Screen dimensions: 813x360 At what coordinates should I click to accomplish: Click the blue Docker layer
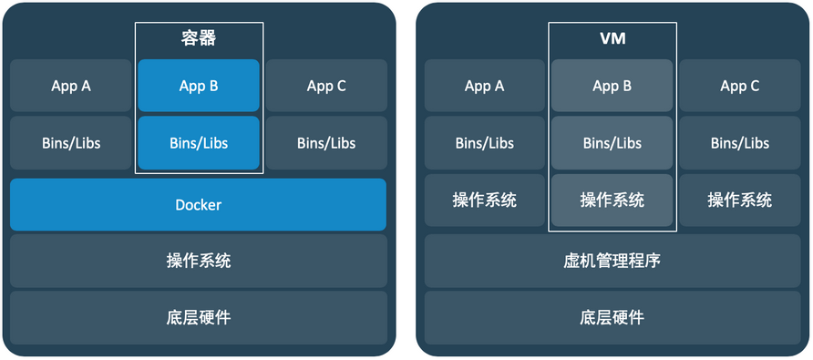[x=198, y=204]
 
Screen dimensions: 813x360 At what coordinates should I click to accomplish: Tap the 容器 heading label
[x=199, y=38]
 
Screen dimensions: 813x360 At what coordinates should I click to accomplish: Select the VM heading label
[x=612, y=39]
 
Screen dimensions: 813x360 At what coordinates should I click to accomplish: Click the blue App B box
[x=199, y=86]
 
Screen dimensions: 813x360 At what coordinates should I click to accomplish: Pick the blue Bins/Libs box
[x=199, y=143]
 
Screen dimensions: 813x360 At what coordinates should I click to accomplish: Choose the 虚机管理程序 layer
[x=612, y=261]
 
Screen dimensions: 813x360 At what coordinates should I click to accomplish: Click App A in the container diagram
[x=70, y=86]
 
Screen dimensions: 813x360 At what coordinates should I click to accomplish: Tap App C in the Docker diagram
[x=326, y=86]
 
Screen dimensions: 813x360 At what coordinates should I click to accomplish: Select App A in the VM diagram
[x=484, y=86]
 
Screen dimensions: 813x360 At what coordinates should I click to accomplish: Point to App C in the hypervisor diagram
[x=740, y=86]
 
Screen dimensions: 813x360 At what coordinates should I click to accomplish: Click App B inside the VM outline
[x=612, y=86]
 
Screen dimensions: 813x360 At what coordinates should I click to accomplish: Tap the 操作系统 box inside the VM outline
[x=612, y=200]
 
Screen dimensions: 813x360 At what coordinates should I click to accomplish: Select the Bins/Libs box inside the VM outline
[x=612, y=143]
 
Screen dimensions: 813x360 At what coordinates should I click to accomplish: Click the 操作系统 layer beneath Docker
[x=198, y=261]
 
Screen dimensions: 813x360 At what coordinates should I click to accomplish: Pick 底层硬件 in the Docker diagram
[x=198, y=317]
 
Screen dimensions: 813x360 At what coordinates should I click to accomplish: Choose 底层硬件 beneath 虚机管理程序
[x=612, y=317]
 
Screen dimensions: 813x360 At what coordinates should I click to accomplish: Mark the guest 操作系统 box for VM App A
[x=484, y=200]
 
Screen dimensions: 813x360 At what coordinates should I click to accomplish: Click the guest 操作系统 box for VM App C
[x=740, y=200]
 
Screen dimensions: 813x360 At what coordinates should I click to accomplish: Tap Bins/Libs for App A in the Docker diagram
[x=70, y=143]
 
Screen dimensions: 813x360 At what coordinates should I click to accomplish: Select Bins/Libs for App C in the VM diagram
[x=740, y=143]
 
